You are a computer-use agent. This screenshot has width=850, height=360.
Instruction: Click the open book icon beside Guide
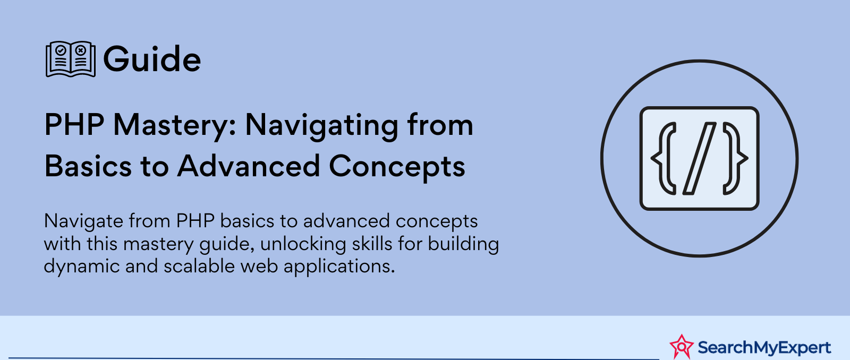click(x=71, y=59)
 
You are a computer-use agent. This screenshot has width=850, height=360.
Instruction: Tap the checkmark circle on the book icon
click(x=61, y=50)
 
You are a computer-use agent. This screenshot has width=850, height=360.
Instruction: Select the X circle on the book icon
click(x=80, y=50)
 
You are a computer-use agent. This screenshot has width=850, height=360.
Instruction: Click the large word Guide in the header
click(x=152, y=59)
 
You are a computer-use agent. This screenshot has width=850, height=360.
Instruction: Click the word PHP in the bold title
click(x=74, y=124)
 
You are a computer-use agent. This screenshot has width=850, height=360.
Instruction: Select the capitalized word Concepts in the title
click(x=397, y=167)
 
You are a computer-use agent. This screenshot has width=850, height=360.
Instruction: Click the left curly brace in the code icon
click(x=664, y=159)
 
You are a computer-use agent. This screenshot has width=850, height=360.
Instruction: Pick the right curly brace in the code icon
click(x=735, y=159)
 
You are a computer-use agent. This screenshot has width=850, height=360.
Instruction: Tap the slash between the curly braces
click(x=699, y=159)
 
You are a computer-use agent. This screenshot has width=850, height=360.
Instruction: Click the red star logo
click(x=682, y=347)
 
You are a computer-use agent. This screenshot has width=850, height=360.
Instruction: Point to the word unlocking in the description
click(x=303, y=244)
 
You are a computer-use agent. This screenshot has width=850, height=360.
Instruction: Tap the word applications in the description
click(x=339, y=267)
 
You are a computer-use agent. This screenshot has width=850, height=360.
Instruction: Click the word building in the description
click(x=463, y=244)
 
